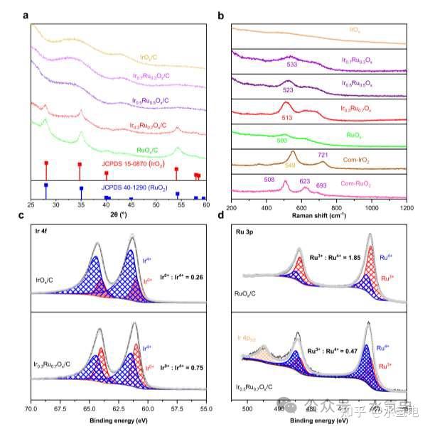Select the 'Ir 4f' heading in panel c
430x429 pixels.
[42, 232]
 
